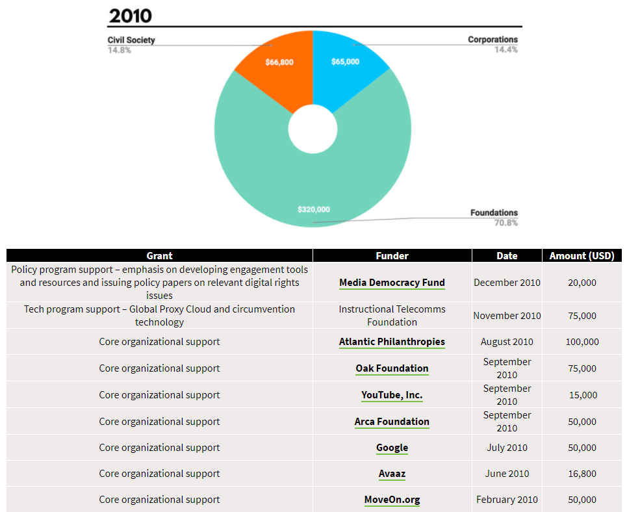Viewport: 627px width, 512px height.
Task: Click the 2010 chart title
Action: (131, 15)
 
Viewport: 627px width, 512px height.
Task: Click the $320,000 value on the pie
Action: (314, 209)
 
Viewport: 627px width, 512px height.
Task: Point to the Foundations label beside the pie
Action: (494, 212)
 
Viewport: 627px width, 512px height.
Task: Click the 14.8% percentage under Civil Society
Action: (119, 50)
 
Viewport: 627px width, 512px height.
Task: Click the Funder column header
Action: (392, 255)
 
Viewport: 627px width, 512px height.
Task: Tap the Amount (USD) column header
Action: (582, 255)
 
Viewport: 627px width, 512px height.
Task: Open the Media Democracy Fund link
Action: (392, 283)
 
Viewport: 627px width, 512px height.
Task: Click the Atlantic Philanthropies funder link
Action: (392, 342)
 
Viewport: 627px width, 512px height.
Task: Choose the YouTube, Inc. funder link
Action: (392, 395)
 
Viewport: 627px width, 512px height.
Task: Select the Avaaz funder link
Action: (392, 474)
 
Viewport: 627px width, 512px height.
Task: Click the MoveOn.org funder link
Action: (392, 500)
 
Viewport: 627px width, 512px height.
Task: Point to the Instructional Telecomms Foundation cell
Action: (392, 315)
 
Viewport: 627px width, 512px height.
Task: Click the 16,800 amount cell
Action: (582, 474)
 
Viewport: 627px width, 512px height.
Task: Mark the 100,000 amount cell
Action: (582, 342)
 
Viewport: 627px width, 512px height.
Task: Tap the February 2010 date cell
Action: (507, 500)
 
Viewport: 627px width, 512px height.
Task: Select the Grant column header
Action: (159, 255)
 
